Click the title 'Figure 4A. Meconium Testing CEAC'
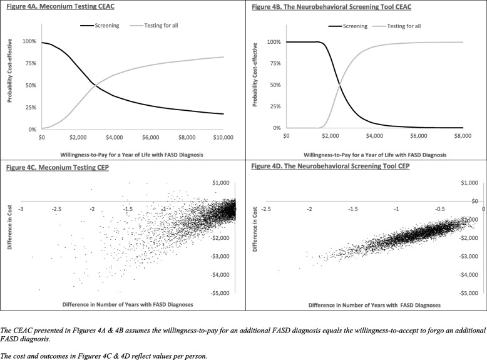pos(51,7)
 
